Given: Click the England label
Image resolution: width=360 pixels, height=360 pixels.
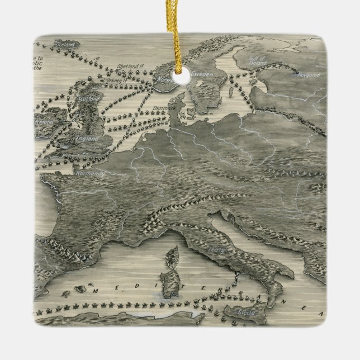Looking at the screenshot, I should pyautogui.click(x=87, y=138).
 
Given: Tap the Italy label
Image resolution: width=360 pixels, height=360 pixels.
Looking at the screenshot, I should pyautogui.click(x=216, y=249).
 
